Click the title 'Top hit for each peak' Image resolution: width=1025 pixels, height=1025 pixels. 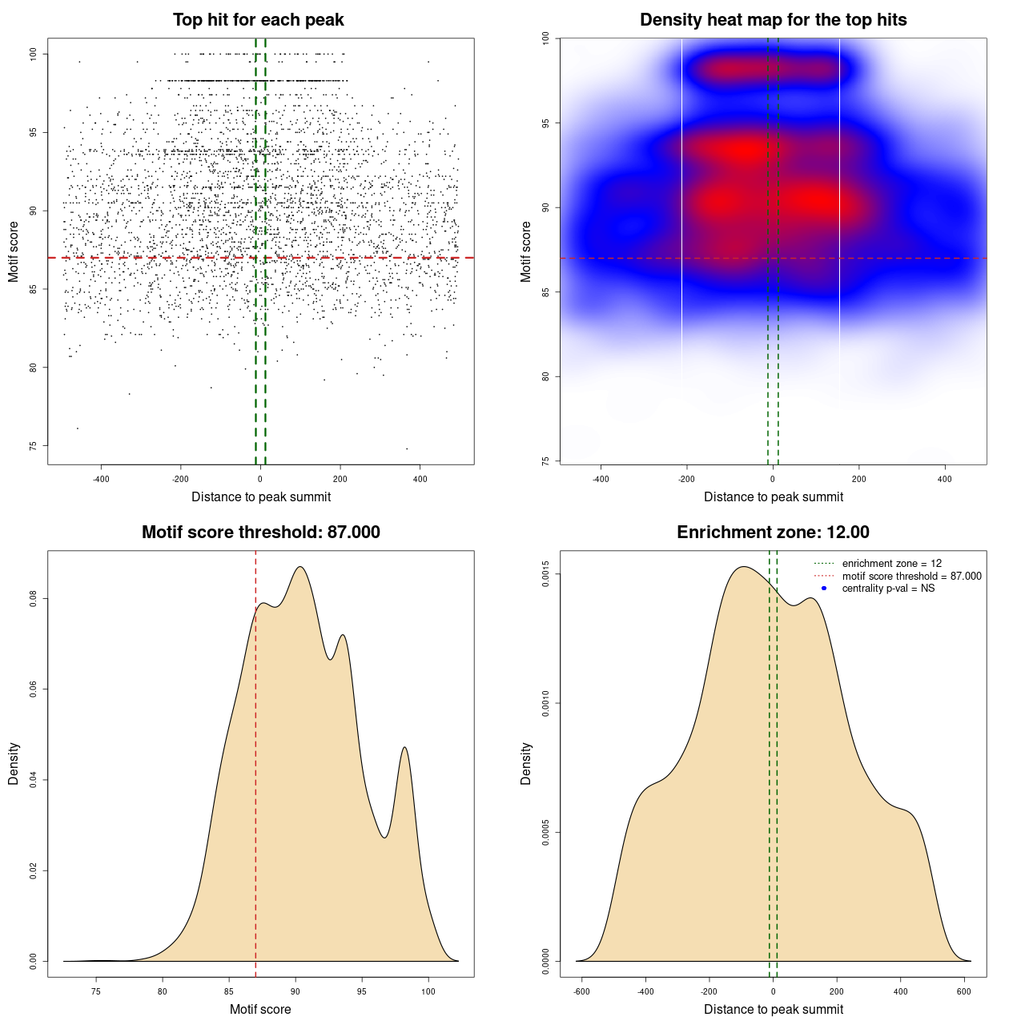pos(258,20)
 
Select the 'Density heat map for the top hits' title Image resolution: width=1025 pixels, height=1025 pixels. pos(773,20)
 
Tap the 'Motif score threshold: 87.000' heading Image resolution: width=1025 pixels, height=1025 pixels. pos(260,533)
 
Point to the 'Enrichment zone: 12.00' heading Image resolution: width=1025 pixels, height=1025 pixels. pos(773,533)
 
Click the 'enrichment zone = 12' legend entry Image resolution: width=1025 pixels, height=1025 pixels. pos(891,564)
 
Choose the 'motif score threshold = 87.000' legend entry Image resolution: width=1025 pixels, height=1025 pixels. pos(911,577)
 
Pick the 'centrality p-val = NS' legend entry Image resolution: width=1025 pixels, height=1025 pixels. pos(888,589)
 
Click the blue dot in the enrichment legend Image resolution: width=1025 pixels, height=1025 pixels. pos(824,589)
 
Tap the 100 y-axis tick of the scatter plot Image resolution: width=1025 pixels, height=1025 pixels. pos(34,54)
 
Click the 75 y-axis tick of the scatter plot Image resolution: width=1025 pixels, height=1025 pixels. pos(34,446)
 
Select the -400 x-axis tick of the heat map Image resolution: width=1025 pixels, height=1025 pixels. pos(601,480)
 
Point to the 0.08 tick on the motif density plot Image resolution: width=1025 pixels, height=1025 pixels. pos(34,599)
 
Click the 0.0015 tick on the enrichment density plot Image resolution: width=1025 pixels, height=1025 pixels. pos(546,574)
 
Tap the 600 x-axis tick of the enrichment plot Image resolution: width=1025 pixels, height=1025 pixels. pos(964,992)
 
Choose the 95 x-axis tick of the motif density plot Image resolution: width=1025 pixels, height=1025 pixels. pos(362,992)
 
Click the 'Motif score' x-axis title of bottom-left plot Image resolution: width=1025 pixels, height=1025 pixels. pos(260,1010)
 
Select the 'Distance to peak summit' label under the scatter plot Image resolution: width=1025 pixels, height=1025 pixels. pos(261,497)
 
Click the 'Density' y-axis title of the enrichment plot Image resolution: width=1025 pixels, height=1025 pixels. pos(526,763)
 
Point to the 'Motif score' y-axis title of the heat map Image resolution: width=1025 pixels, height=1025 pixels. pos(526,251)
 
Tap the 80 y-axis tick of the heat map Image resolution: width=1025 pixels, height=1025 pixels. pos(546,376)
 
